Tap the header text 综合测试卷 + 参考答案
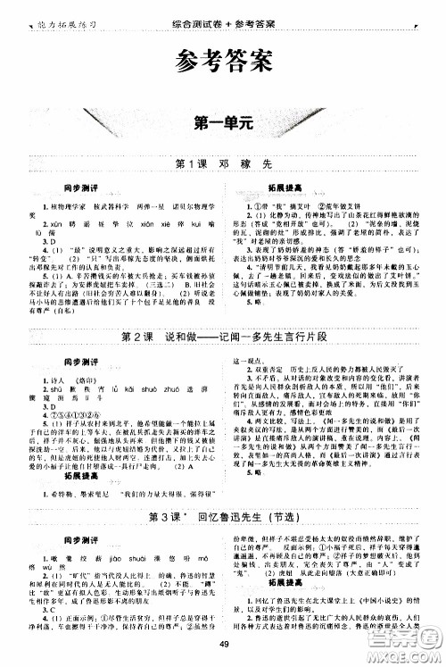pos(223,6)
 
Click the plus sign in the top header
pos(221,6)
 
